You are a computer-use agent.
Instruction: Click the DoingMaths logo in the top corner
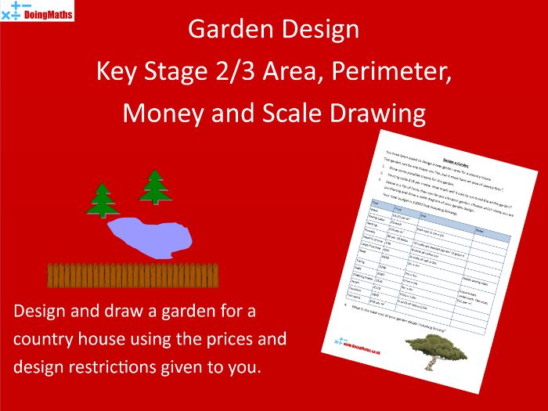tap(38, 11)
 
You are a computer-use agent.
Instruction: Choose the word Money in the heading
tap(160, 114)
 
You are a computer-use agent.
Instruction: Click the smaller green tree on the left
tap(103, 200)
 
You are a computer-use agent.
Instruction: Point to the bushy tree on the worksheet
tap(427, 349)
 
